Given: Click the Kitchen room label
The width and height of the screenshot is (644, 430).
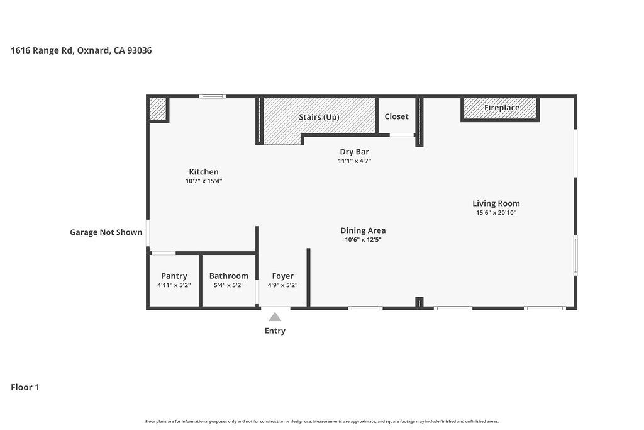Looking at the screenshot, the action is pos(204,172).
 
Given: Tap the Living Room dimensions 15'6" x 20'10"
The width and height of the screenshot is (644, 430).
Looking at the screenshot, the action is pos(496,213).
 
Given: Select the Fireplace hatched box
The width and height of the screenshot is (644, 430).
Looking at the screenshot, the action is pos(500,108).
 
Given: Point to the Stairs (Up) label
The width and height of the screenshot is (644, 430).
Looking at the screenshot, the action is pos(319,117).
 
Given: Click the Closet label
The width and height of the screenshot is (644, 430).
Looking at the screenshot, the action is pos(396,116).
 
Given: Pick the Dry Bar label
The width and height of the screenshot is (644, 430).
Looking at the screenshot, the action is pos(355,152).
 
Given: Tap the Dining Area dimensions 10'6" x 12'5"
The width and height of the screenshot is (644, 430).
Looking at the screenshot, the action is pos(363,240).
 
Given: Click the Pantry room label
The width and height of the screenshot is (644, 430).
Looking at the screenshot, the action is pos(174,276).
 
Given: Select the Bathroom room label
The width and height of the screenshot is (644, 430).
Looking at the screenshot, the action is pos(229,276).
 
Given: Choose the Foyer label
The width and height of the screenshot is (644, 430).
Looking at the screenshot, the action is pos(282,276).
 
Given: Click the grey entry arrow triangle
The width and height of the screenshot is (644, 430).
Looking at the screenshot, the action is pos(275,317).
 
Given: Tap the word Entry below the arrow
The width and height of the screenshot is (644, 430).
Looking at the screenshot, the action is pos(275,331).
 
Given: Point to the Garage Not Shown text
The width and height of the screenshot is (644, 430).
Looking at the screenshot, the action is pos(106,232).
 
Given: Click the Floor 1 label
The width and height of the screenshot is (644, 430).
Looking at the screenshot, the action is pos(25,387).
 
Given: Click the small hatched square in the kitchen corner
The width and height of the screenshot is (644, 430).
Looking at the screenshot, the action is pos(157,109).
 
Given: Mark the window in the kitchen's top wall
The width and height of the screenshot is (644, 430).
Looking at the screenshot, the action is pos(213,96).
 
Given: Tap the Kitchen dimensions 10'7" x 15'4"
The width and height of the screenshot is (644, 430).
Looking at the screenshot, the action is pos(204,181).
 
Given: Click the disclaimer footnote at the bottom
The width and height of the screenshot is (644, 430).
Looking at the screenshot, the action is pos(322,421).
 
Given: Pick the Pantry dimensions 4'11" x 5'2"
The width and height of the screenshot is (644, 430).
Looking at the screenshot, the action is pos(174,285).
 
